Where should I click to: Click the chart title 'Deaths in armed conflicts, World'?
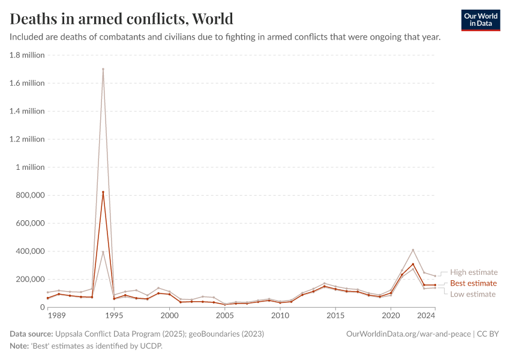coord(122,19)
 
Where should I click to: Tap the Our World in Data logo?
coord(480,20)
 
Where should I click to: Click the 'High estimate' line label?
coord(473,272)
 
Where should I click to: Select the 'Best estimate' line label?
coord(473,283)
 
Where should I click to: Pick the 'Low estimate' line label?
coord(473,294)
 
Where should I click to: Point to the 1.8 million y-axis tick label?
coord(27,55)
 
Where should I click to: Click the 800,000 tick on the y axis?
coord(27,195)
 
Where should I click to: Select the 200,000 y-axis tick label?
coord(27,279)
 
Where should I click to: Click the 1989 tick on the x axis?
coord(56,315)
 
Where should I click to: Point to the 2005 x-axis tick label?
coord(224,315)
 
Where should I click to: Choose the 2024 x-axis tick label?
coord(426,315)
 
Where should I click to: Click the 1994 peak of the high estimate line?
coord(103,69)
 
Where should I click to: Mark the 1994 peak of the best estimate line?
coord(103,192)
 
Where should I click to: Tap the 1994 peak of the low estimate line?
coord(103,252)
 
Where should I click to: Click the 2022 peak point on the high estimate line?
coord(413,250)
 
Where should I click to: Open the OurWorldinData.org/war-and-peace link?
coord(409,334)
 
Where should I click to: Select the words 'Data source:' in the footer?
coord(31,334)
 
